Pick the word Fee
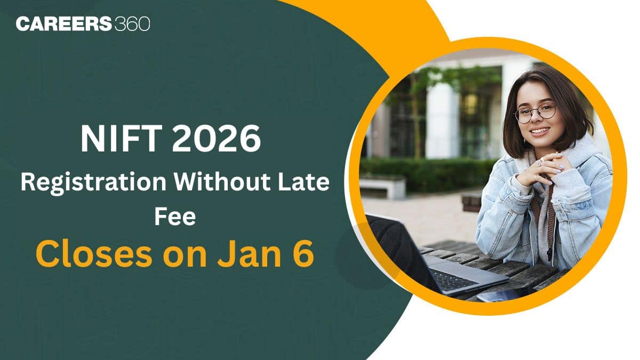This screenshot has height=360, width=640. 175,218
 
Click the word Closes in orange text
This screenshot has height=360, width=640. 87,255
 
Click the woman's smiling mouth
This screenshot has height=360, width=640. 539,130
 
